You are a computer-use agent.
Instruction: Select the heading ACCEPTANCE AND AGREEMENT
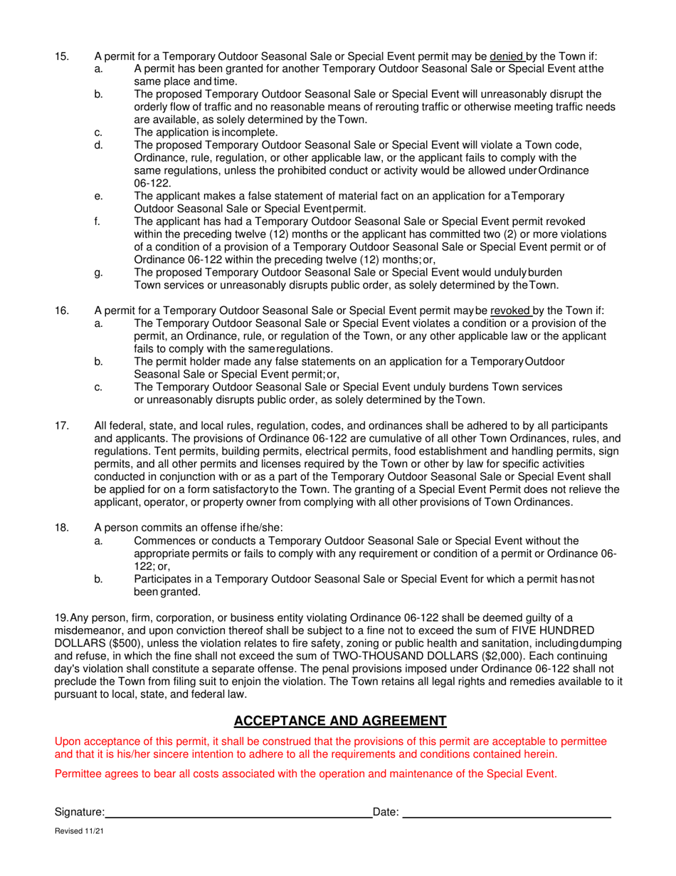[340, 721]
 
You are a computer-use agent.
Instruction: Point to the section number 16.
[62, 311]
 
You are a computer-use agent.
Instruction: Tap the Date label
[386, 811]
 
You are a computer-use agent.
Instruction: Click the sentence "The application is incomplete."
[206, 132]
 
